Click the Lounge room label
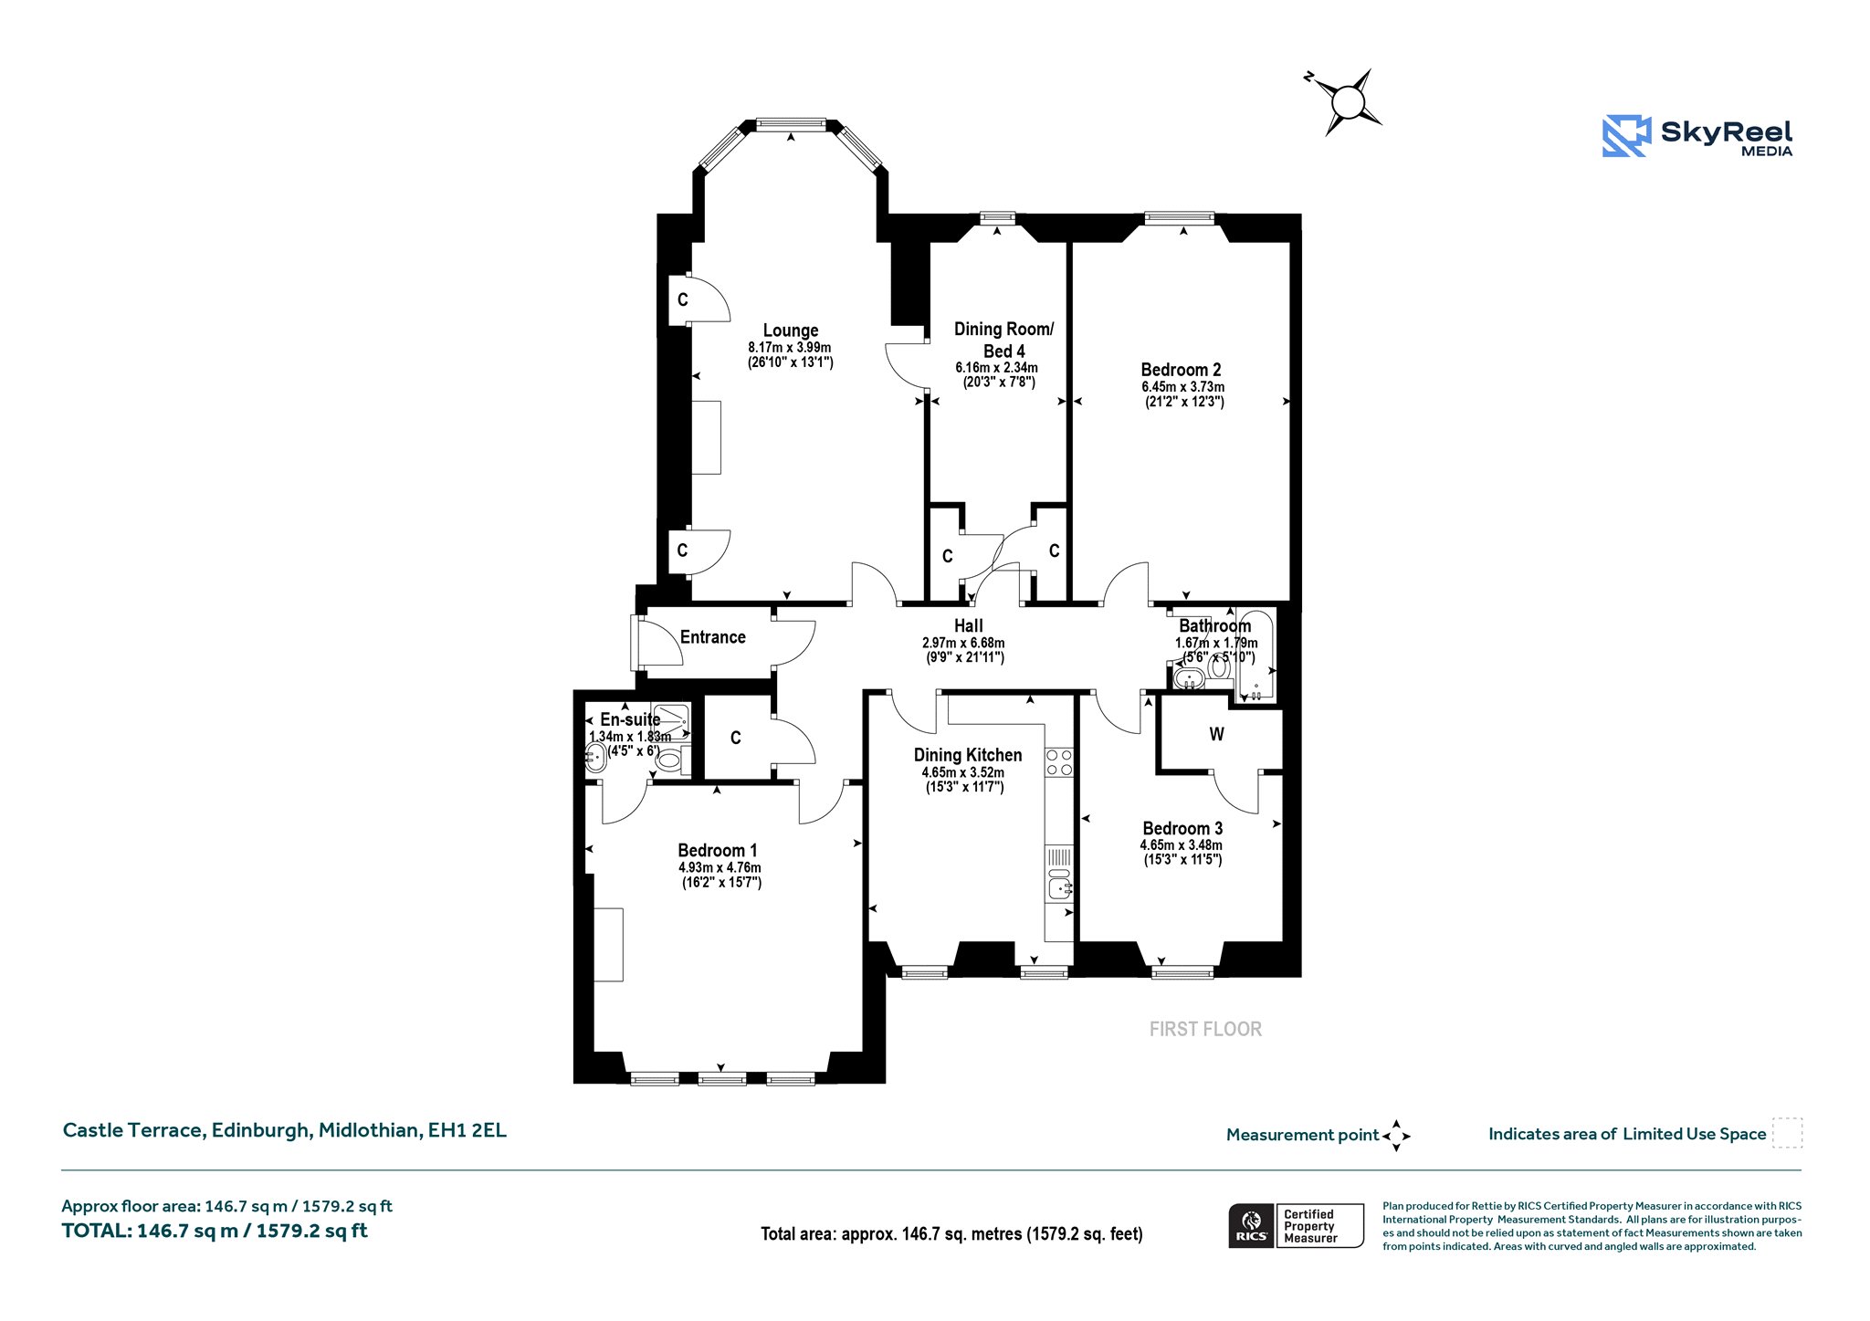pos(791,330)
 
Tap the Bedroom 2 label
pos(1181,370)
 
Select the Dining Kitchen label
pos(968,755)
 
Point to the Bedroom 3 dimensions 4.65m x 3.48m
pos(1182,845)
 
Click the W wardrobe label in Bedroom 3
pos(1216,734)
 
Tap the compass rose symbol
pos(1345,101)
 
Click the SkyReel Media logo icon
pos(1627,136)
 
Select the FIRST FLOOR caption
pos(1205,1029)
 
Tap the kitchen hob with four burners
pos(1060,763)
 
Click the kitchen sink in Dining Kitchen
pos(1060,885)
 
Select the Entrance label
pos(713,637)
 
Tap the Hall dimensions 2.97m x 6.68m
pos(963,643)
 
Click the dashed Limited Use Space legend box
pos(1787,1133)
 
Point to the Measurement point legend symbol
pos(1396,1136)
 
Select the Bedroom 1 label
pos(718,851)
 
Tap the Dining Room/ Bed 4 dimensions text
pos(997,375)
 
